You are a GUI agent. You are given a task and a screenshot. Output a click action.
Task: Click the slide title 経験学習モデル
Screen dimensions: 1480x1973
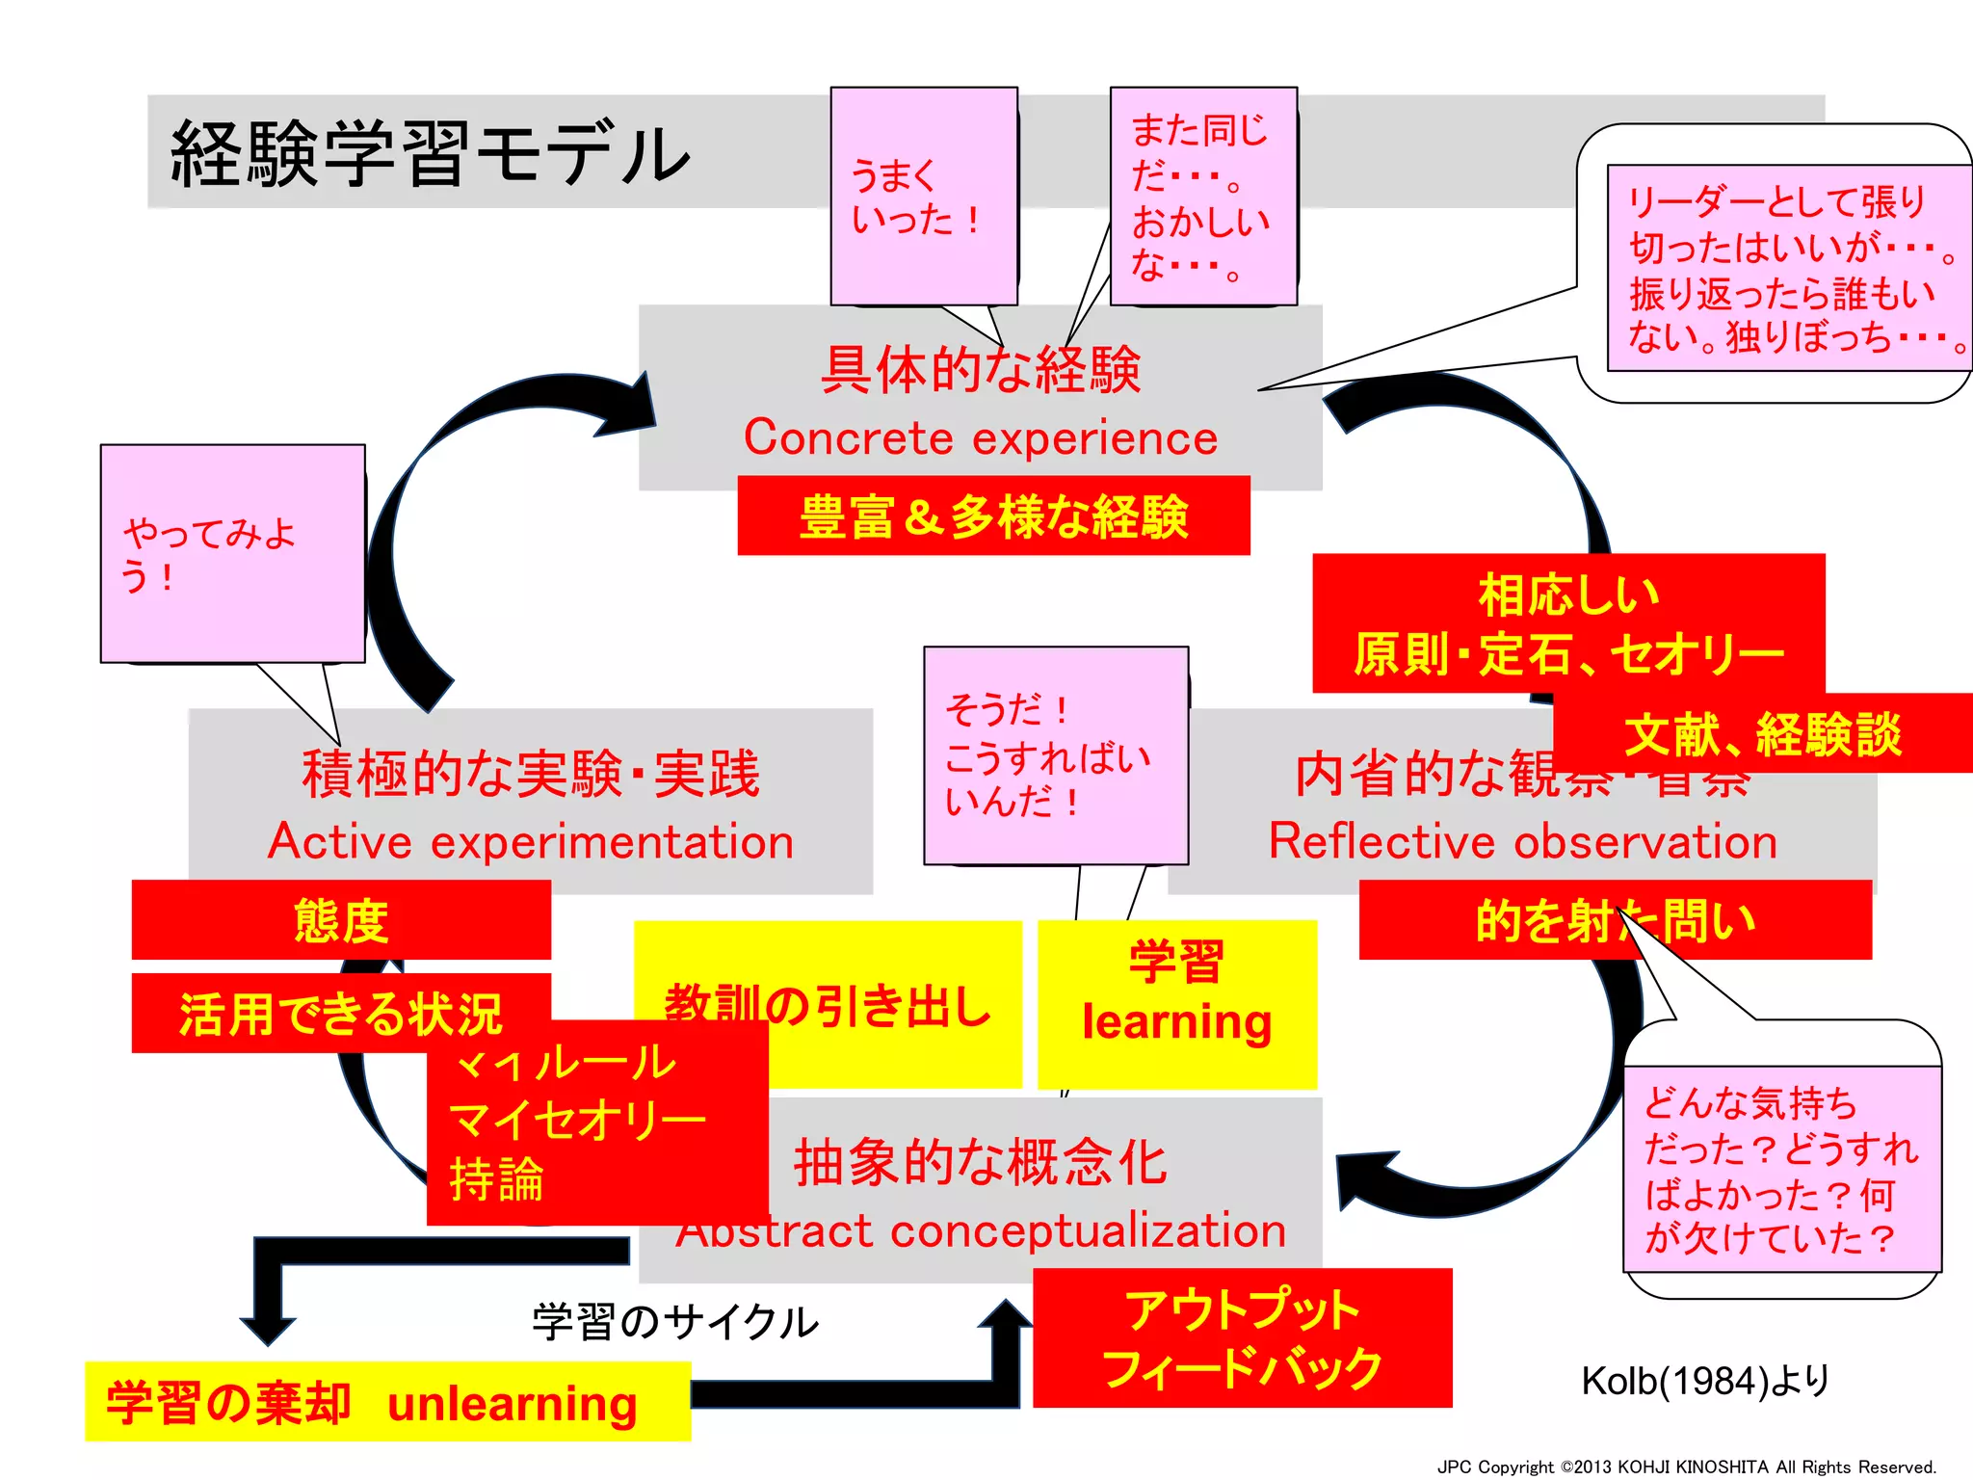(x=430, y=154)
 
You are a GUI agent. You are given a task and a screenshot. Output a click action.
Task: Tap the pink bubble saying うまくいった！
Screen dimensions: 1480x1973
(x=923, y=197)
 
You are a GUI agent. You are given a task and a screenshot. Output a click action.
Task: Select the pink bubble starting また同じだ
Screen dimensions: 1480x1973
(x=1202, y=197)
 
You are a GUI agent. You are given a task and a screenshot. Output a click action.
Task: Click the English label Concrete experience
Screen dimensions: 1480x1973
(x=981, y=438)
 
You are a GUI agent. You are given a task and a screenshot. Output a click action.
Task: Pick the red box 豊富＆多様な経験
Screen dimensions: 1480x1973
(x=993, y=516)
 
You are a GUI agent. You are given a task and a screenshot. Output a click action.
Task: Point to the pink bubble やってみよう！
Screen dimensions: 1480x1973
(x=231, y=554)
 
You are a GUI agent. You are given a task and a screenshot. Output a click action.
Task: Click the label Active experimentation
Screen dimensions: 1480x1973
(x=531, y=842)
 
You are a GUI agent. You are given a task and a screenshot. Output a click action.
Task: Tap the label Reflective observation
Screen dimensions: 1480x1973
(x=1522, y=842)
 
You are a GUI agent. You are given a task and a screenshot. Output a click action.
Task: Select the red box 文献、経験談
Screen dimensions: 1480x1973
(x=1762, y=734)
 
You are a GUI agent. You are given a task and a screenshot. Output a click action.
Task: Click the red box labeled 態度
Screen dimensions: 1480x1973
(x=341, y=920)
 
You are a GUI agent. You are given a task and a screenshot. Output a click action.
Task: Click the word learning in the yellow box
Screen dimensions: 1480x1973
(x=1176, y=1022)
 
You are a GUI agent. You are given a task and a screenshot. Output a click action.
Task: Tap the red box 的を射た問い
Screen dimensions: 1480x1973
(x=1615, y=920)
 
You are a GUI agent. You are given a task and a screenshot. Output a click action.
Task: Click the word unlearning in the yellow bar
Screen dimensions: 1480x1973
(x=513, y=1404)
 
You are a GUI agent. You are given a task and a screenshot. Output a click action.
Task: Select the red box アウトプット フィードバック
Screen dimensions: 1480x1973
(x=1242, y=1338)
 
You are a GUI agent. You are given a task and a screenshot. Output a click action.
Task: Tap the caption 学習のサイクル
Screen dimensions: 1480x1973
(x=674, y=1322)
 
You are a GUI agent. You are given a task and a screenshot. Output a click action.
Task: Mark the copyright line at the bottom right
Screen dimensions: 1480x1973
(x=1686, y=1467)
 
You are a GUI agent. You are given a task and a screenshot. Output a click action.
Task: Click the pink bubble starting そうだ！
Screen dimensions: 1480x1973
(x=1055, y=755)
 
